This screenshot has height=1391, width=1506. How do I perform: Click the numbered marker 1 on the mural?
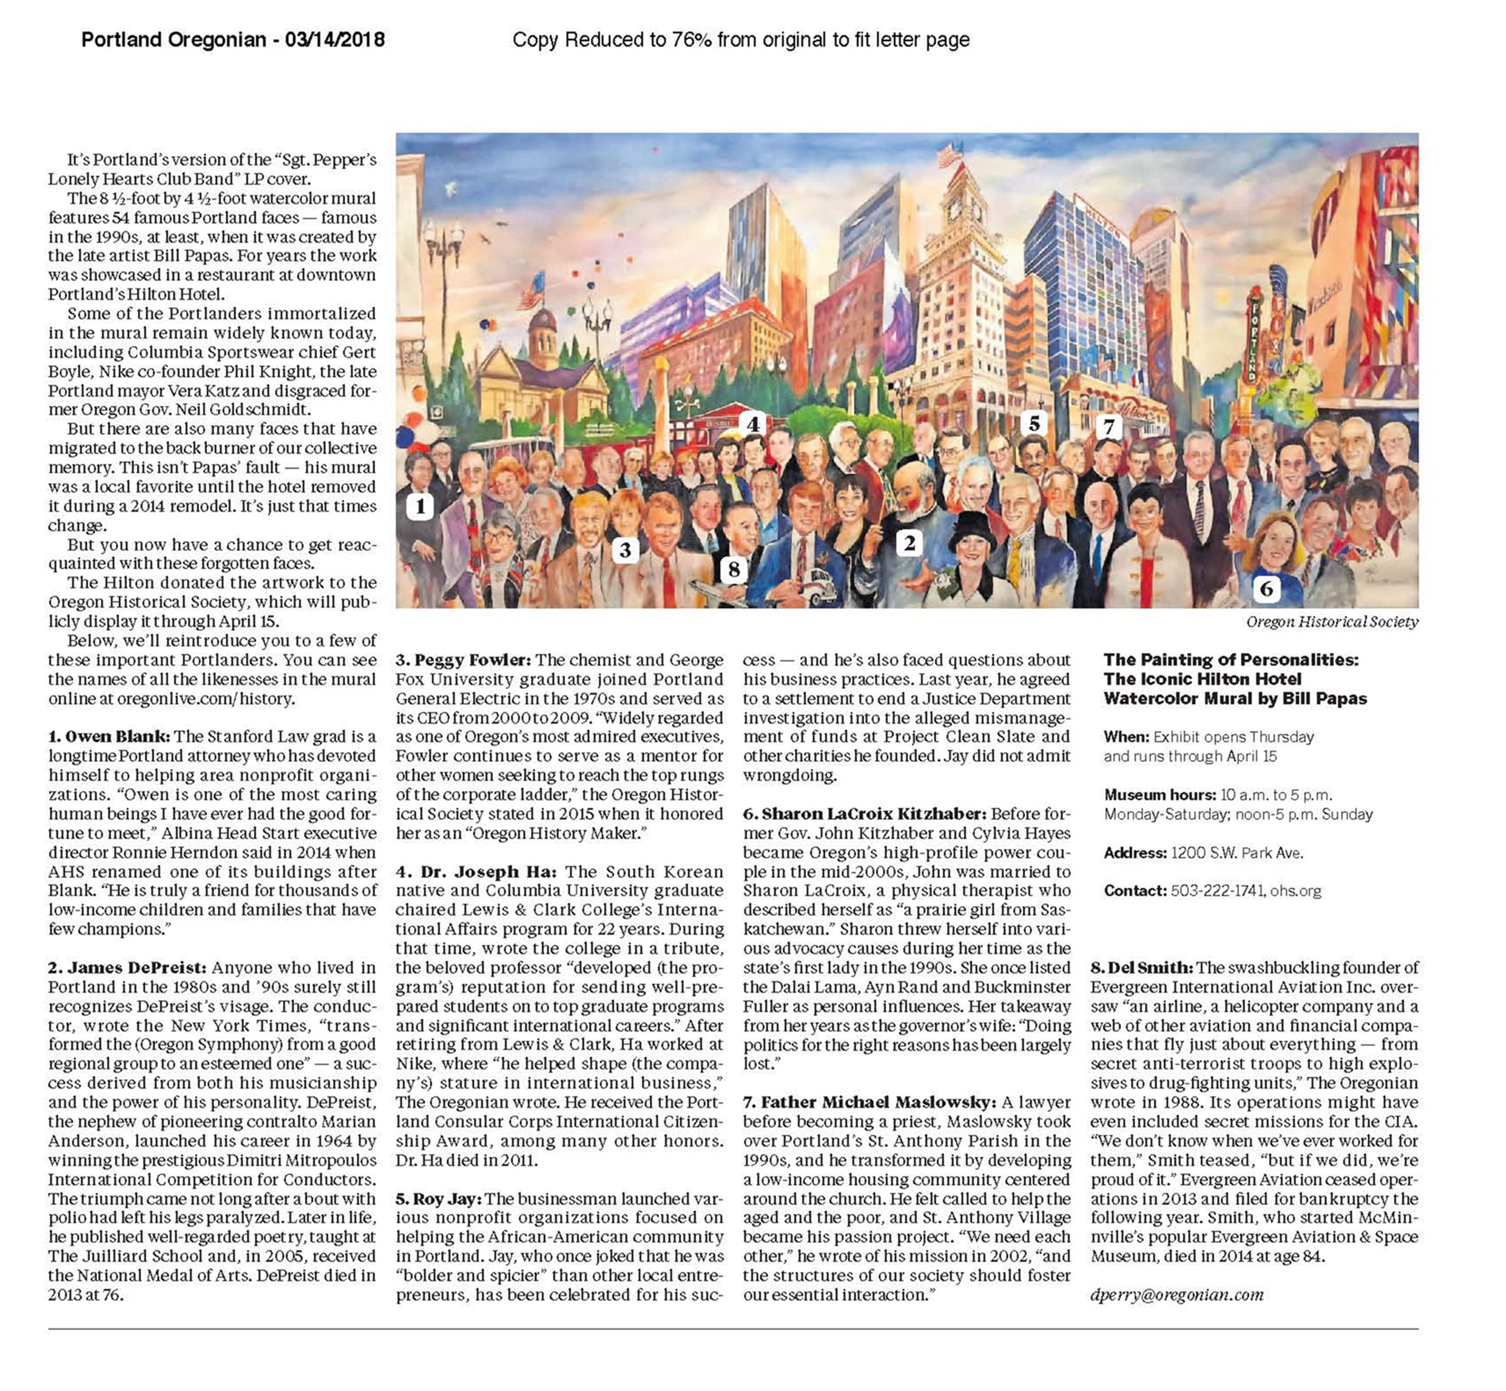420,506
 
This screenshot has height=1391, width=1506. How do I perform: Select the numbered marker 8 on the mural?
734,570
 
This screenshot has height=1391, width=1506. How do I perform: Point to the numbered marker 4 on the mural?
752,424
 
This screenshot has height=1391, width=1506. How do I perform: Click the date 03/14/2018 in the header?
335,40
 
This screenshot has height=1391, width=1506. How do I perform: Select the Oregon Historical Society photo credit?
1331,622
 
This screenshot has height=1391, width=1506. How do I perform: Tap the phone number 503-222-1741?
1218,890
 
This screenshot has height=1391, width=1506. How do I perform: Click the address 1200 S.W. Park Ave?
1237,853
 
